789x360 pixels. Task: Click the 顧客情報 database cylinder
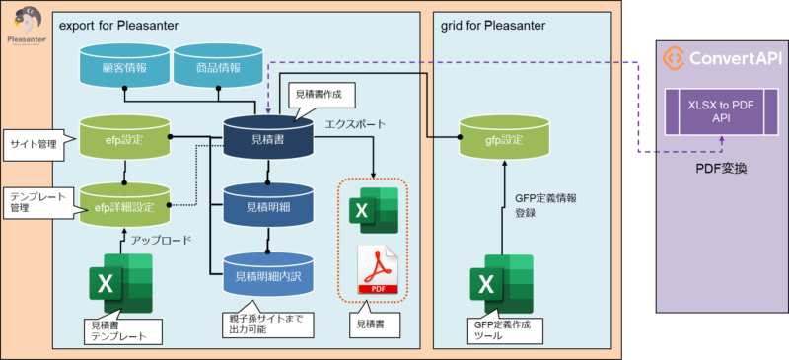coord(125,64)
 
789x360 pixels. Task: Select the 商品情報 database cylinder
coord(218,64)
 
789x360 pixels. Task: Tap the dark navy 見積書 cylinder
coord(267,137)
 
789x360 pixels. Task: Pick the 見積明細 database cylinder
coord(267,204)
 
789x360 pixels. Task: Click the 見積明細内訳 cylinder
coord(267,273)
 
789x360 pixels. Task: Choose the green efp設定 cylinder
coord(125,137)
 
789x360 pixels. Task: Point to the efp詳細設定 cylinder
coord(125,204)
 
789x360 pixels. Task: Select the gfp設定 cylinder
coord(504,137)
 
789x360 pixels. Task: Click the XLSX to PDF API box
coord(721,111)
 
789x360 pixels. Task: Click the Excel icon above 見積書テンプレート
coord(120,283)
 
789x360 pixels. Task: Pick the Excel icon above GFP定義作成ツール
coord(502,284)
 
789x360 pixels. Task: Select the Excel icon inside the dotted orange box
coord(374,210)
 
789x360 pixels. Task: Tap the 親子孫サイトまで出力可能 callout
coord(267,323)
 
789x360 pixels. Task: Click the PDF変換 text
coord(721,169)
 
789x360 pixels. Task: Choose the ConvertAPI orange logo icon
coord(673,58)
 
